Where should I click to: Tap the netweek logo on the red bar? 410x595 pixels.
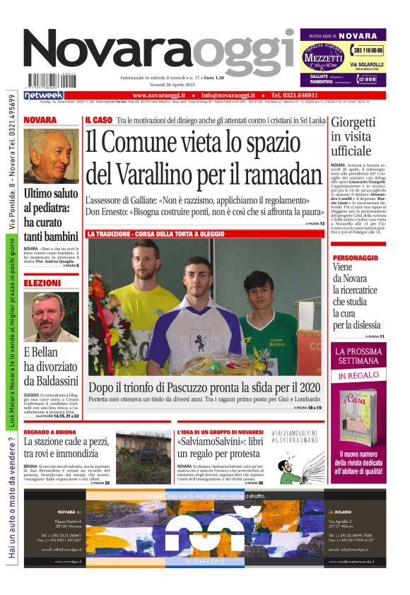tap(44, 95)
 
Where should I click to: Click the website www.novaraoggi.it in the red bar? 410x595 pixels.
tap(158, 95)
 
